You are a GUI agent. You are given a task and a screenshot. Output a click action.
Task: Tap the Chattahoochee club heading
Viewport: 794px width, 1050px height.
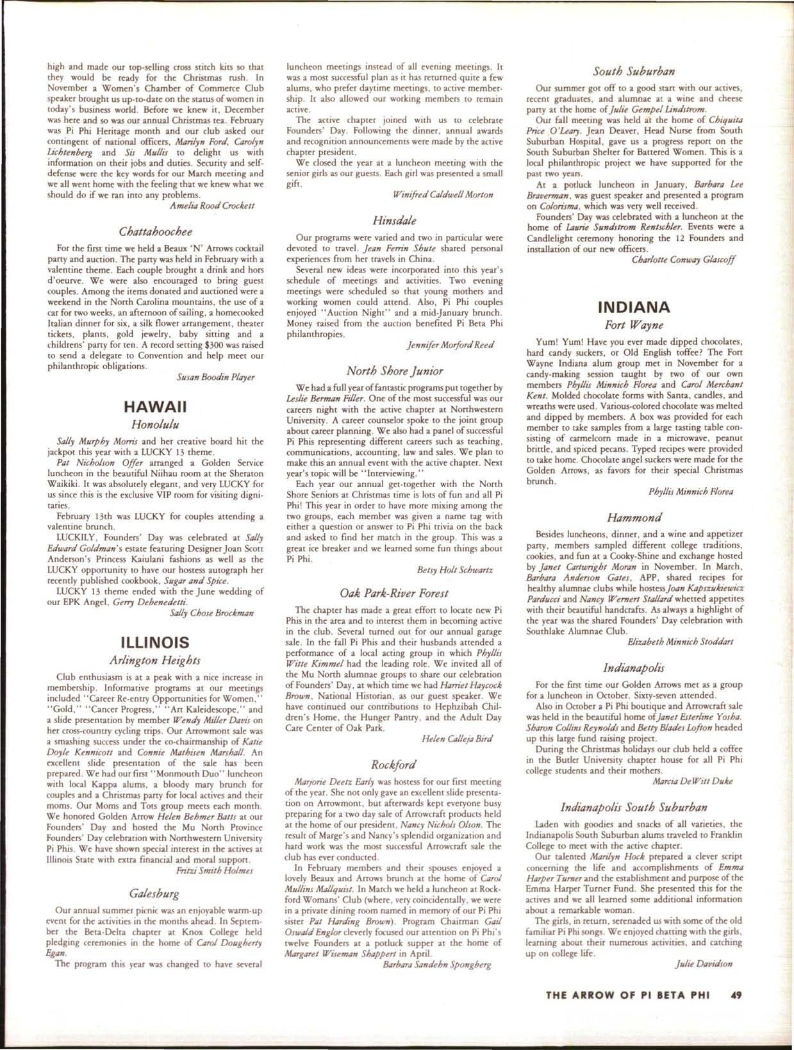(156, 230)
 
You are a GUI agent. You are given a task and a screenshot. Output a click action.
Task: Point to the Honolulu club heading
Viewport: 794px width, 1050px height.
(154, 423)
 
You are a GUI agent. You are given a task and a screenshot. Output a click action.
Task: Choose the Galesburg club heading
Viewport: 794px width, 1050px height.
(154, 893)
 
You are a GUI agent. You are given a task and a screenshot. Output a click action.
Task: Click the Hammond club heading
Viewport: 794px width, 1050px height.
(633, 516)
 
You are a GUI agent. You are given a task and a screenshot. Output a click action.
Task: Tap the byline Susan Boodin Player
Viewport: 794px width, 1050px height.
(215, 377)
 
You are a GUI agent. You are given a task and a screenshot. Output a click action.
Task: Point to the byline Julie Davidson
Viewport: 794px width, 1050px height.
(704, 963)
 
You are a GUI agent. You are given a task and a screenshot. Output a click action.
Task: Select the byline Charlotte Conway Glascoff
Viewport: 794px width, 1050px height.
(683, 260)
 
